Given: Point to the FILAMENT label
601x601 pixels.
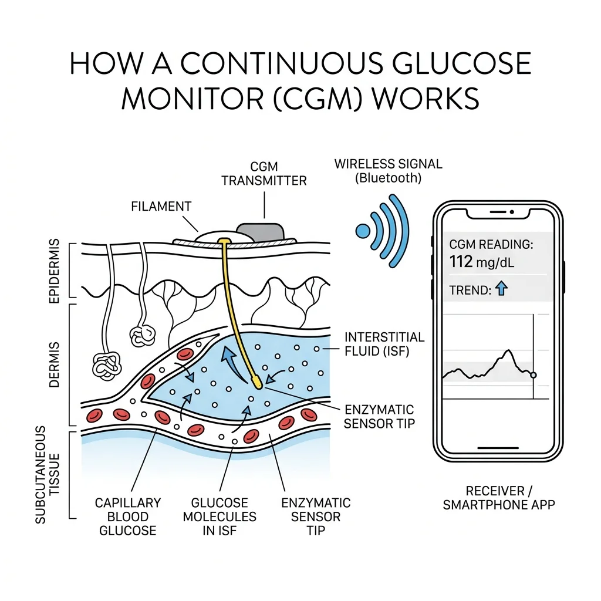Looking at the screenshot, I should click(161, 207).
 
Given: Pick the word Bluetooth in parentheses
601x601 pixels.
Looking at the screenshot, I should click(387, 178).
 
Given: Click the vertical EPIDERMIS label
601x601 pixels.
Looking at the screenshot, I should click(56, 271).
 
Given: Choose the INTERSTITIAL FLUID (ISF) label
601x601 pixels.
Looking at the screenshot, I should click(384, 344).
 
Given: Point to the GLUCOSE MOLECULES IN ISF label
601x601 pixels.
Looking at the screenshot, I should click(220, 516).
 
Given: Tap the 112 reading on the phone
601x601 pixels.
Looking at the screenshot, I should click(461, 262).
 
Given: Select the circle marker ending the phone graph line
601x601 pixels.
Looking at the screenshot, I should click(533, 375).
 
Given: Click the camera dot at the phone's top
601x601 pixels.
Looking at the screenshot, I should click(512, 211).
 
